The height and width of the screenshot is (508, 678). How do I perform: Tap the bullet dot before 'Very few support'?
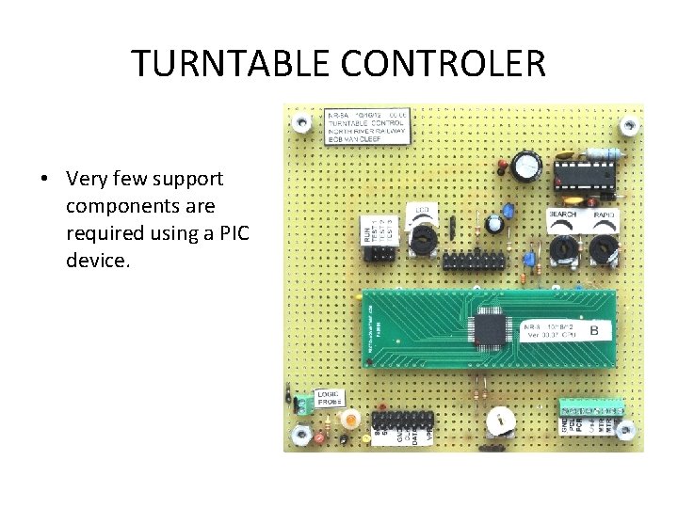(x=45, y=179)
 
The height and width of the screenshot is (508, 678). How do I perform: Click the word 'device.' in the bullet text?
(x=97, y=259)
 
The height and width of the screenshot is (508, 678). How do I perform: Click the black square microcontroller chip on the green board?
(x=490, y=330)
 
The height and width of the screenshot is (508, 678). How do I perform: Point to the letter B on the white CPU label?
(x=594, y=330)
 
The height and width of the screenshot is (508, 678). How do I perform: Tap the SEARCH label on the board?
(x=563, y=215)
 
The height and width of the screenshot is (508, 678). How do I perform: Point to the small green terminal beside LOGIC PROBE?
(x=303, y=405)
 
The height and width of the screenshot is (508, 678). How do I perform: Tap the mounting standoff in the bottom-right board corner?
(x=623, y=436)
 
